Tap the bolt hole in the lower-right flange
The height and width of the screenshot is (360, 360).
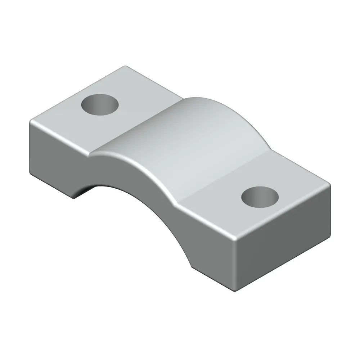click(260, 197)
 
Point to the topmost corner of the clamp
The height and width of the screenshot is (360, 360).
click(125, 66)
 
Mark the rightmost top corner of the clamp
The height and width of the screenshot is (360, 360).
click(329, 184)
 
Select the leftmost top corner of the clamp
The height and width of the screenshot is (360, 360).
click(30, 122)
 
